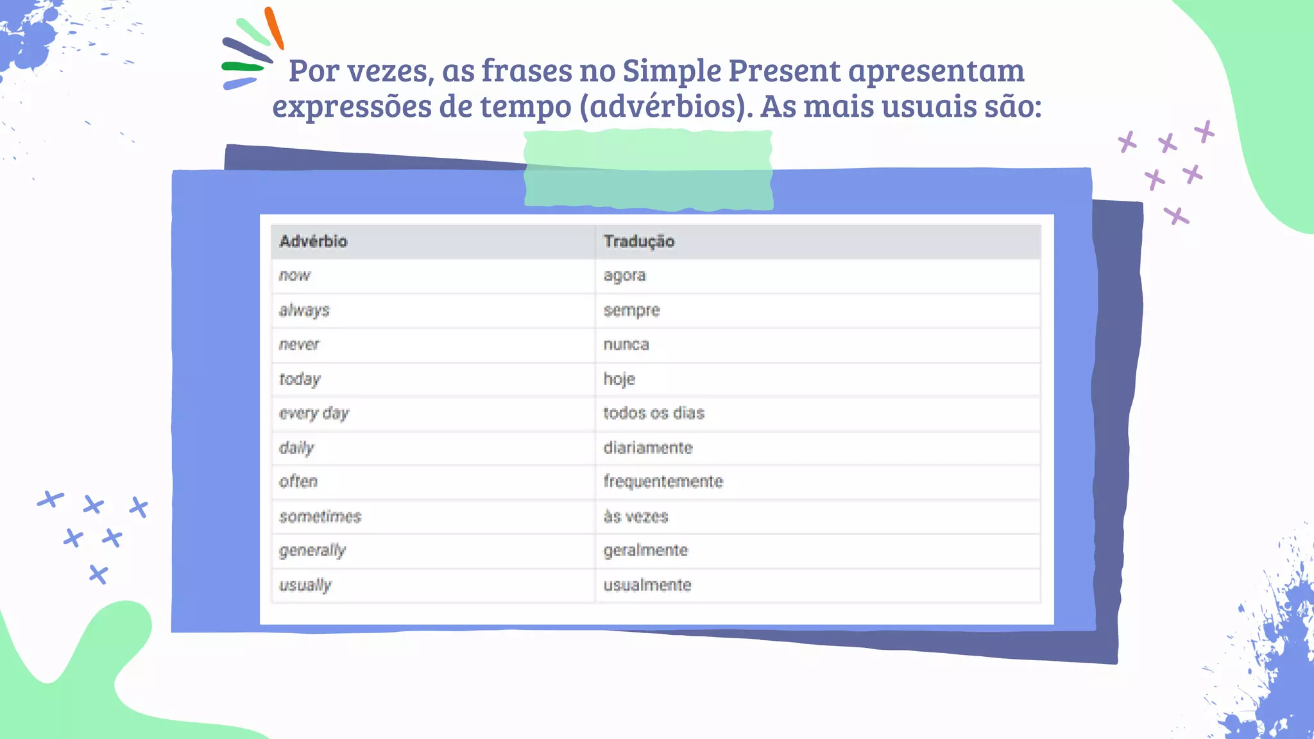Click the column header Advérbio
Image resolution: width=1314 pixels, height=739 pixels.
tap(313, 241)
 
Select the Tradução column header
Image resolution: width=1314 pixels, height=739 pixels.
tap(638, 241)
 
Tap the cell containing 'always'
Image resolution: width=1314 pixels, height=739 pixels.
tap(304, 310)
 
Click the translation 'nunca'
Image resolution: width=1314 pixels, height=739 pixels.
tap(626, 345)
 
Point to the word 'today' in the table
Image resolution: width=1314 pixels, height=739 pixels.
tap(300, 379)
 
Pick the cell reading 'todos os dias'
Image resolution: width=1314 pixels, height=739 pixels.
tap(654, 413)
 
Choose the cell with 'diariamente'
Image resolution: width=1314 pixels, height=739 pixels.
tap(648, 448)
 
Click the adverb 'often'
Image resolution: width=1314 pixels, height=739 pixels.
tap(298, 482)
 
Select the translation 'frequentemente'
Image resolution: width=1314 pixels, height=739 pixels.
tap(663, 482)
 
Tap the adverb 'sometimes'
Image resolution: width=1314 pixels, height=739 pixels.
tap(320, 516)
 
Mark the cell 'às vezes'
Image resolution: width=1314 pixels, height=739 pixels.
tap(636, 516)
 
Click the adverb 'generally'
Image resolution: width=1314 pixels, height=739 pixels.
tap(312, 550)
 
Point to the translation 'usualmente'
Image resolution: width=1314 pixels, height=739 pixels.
tap(647, 585)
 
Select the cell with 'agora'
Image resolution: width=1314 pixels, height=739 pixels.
tap(624, 276)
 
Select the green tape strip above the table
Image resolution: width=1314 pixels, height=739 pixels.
tap(648, 170)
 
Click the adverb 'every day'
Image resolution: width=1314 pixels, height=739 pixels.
tap(314, 413)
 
